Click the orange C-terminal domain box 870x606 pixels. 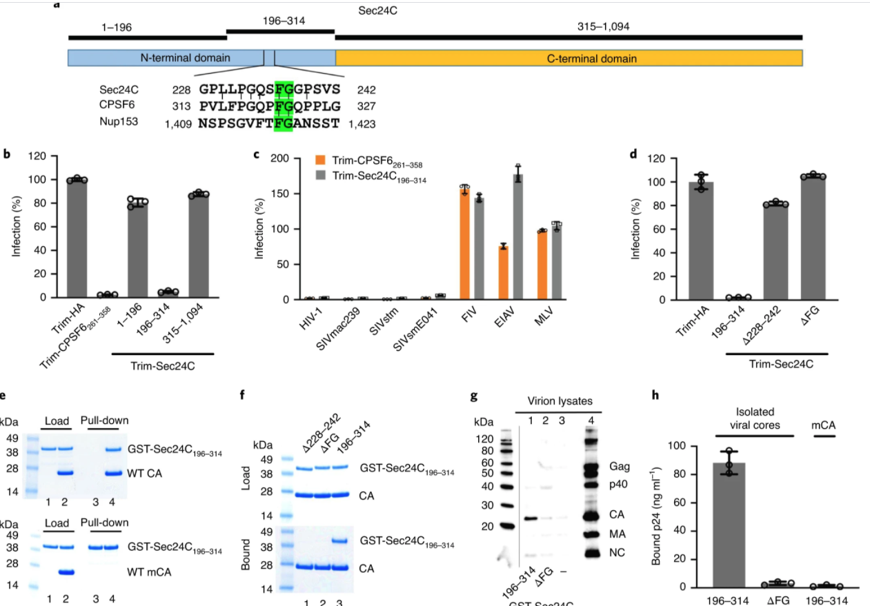point(569,58)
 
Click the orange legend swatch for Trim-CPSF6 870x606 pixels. point(320,161)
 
